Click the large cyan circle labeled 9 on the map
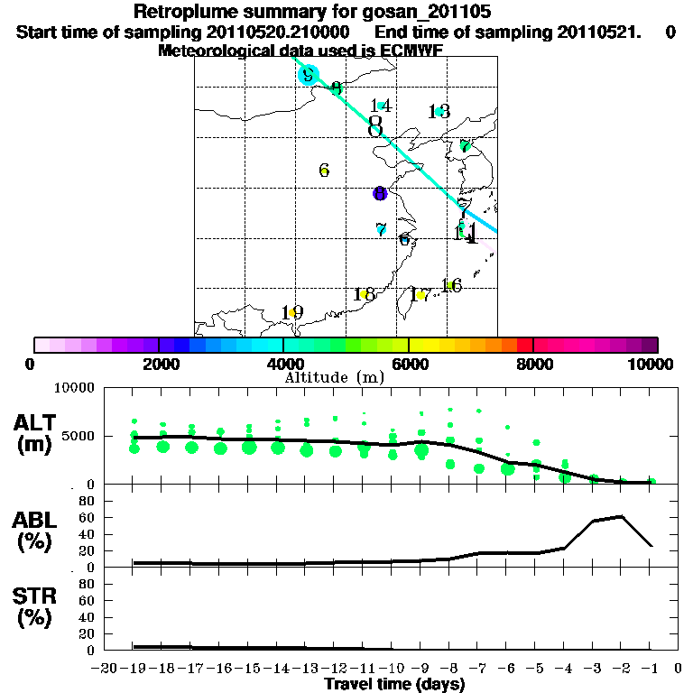(x=309, y=75)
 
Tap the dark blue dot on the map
(x=380, y=193)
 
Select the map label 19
(x=291, y=312)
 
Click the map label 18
(x=365, y=294)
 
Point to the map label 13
(x=439, y=112)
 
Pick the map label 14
(x=381, y=106)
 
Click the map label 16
(x=451, y=286)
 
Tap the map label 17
(x=420, y=295)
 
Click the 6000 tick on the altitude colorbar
(x=409, y=364)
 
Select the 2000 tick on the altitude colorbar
(x=159, y=364)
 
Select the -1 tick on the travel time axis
(x=651, y=668)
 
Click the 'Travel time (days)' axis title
(x=394, y=685)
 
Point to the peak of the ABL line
(x=622, y=516)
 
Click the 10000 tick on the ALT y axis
(x=75, y=388)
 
